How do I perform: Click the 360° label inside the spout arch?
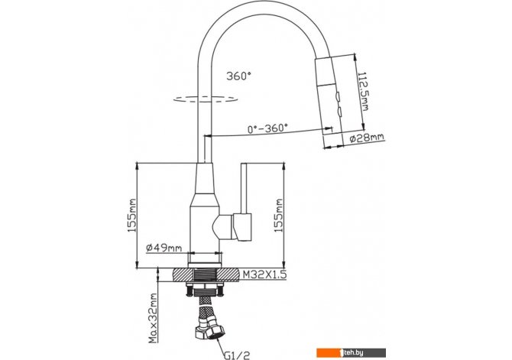[x=238, y=76]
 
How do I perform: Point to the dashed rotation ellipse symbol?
[x=200, y=98]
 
